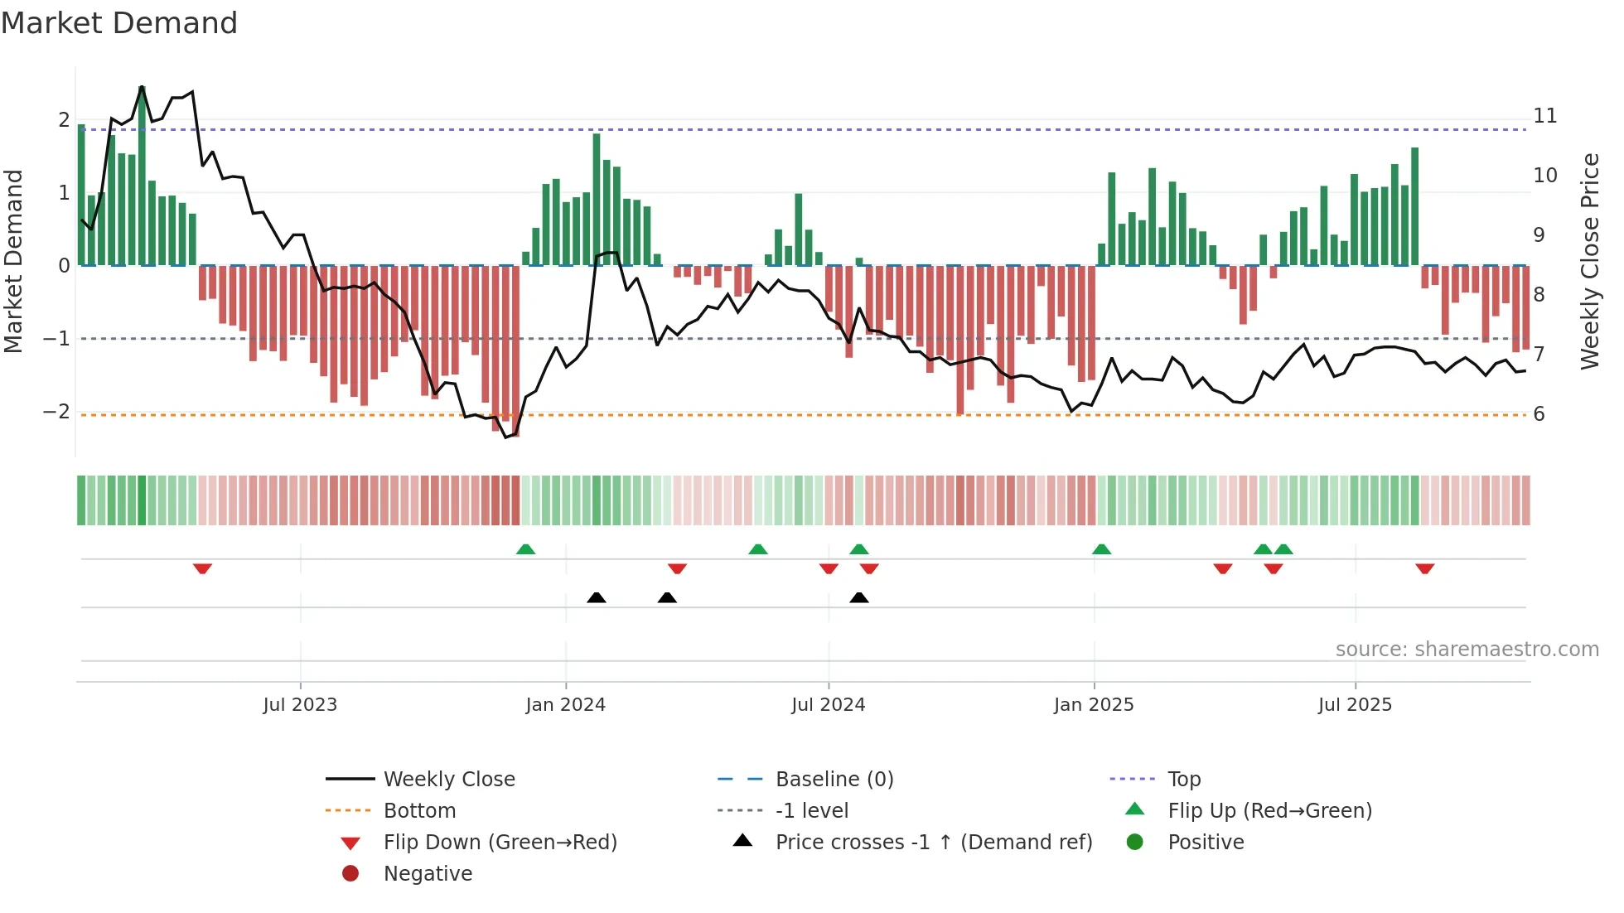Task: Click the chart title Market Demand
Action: tap(119, 23)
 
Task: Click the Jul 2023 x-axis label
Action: tap(300, 705)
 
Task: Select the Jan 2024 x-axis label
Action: tap(566, 705)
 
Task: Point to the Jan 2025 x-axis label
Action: tap(1094, 705)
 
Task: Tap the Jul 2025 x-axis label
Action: tap(1355, 705)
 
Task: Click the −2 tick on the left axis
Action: tap(56, 412)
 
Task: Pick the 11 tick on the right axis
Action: tap(1544, 116)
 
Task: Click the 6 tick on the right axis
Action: tap(1539, 414)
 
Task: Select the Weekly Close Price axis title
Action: tap(1589, 261)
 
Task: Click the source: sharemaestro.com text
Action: tap(1467, 650)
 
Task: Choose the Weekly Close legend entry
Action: tap(449, 780)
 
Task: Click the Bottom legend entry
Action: tap(419, 811)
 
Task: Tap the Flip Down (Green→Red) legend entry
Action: tap(500, 843)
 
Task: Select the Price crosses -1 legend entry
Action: tap(933, 843)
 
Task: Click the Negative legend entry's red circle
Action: tap(350, 874)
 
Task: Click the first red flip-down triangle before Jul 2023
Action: tap(202, 568)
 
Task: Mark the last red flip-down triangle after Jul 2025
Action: tap(1424, 568)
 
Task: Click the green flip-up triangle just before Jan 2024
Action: tap(525, 549)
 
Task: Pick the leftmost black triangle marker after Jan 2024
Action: tap(596, 597)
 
